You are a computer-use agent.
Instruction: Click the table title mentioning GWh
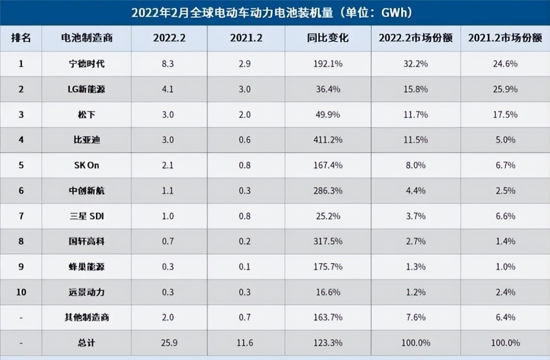272,12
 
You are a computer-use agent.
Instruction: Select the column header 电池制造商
87,38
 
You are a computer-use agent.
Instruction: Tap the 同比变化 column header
327,38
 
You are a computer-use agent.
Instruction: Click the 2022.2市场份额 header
416,38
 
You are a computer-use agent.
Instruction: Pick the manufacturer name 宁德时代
87,64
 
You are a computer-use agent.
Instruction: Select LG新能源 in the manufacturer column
87,89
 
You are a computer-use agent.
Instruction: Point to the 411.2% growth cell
327,140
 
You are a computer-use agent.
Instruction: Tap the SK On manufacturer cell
87,165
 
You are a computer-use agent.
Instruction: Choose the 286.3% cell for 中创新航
327,190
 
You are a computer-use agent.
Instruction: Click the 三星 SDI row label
87,216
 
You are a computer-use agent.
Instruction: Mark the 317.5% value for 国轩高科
327,241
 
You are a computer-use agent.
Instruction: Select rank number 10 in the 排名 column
21,292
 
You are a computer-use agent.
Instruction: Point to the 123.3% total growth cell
327,343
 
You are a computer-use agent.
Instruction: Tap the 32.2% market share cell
416,64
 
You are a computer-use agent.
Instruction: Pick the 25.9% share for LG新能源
505,89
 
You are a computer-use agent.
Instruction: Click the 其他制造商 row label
87,317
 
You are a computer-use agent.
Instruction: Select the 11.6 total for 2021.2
246,343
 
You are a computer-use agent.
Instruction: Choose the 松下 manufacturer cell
87,115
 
